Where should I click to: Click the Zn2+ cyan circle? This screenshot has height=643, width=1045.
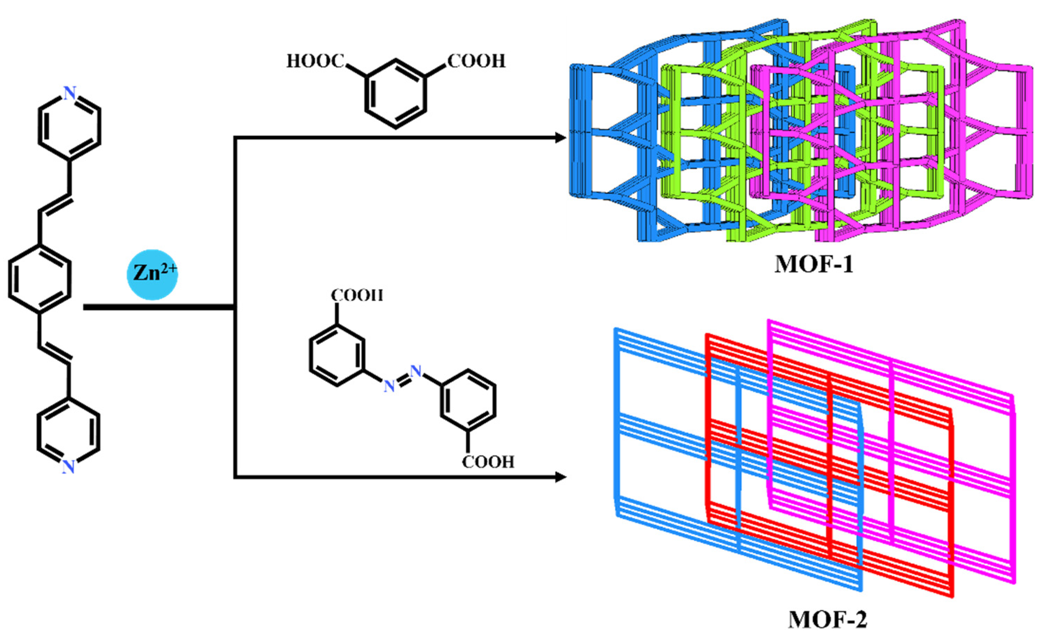point(152,274)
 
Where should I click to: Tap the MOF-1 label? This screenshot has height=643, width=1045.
point(813,264)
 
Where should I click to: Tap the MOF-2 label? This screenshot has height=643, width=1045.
point(827,620)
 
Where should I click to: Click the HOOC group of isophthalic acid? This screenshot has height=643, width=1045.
point(315,61)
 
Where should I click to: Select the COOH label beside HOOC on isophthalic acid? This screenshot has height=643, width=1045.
point(476,61)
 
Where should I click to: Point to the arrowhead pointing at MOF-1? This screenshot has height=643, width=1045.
point(561,137)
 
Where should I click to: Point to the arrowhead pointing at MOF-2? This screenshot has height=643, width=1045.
point(561,477)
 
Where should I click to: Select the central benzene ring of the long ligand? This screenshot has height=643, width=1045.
point(39,278)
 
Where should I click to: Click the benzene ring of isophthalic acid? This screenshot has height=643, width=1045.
point(396,94)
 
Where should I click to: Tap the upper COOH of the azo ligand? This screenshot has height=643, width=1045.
point(357,295)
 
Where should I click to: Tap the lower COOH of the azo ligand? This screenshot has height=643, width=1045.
point(488,462)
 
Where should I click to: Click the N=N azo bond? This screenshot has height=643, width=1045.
point(402,378)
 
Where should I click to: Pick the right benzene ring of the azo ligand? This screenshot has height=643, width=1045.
point(468,400)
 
